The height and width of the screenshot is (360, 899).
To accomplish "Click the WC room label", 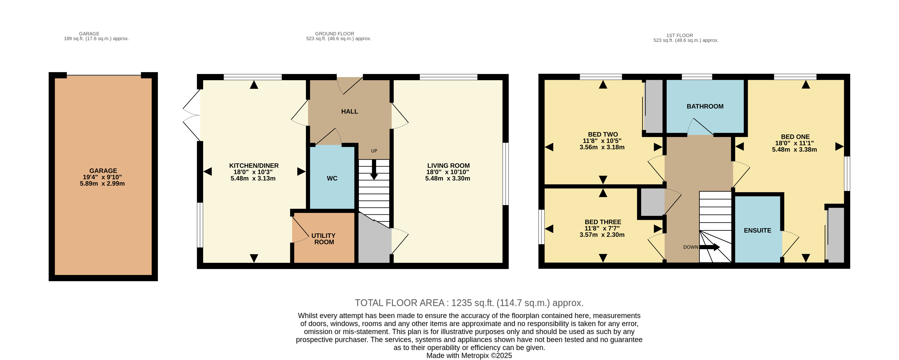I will coord(332,178).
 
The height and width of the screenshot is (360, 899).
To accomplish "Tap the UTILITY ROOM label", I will coord(324,239).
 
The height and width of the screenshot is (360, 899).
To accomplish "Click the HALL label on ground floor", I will coord(349,111).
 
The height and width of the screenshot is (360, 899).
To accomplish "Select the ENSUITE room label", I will coord(757,230).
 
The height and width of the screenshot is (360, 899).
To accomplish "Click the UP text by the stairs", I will coord(374,151).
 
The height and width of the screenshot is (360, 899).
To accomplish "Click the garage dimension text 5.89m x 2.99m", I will coord(102,184).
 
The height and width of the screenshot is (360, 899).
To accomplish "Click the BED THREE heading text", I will coord(603,222).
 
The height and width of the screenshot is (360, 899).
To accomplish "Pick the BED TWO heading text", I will coord(603,134).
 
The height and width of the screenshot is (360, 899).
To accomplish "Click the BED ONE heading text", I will coord(795,137).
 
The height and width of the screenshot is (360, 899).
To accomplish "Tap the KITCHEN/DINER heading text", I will coord(254,166).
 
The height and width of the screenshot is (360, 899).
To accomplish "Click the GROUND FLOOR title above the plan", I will coord(334,34).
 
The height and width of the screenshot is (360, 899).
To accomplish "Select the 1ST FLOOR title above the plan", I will coord(679,35).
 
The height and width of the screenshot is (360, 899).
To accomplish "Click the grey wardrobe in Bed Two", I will coord(653,106).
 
